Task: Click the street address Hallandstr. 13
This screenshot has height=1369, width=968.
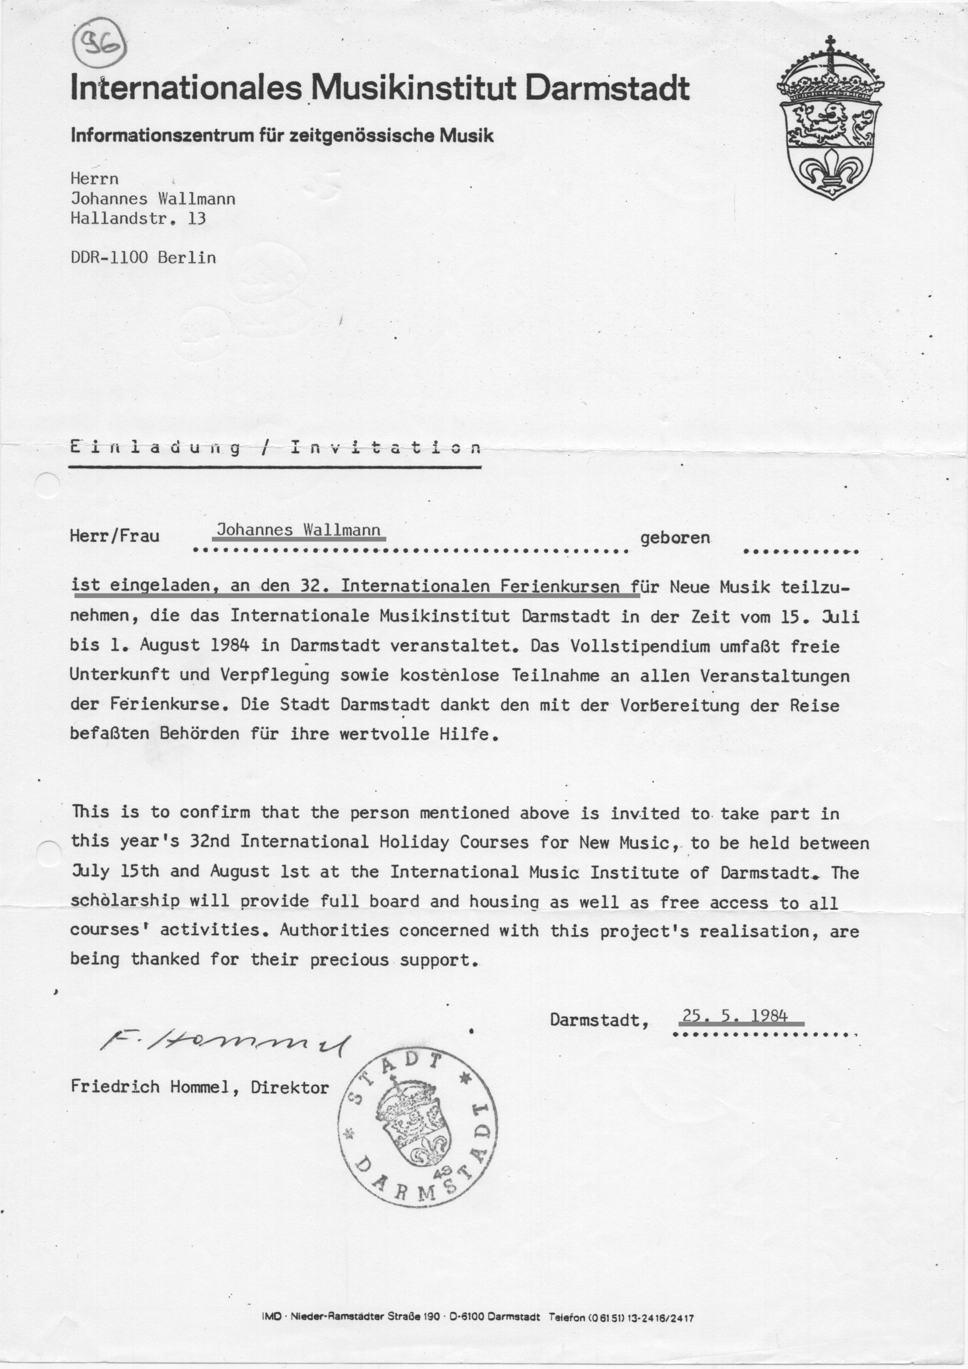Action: pos(139,218)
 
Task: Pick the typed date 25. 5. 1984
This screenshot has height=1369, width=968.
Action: pos(735,1015)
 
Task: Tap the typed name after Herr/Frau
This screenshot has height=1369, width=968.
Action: pos(298,529)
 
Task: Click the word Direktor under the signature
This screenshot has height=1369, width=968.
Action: pos(290,1087)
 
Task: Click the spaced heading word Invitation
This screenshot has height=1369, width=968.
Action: pos(385,447)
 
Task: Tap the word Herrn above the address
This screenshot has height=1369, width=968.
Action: pos(94,179)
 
